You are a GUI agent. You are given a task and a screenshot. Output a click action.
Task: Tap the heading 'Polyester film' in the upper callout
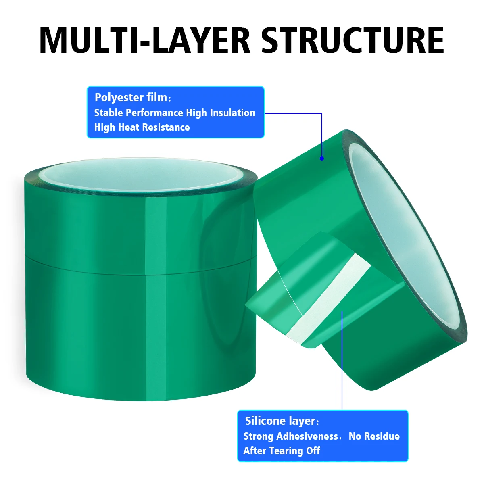click(131, 97)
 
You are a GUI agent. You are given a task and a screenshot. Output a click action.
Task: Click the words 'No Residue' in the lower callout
click(374, 436)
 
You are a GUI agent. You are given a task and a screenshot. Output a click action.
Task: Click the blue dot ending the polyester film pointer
click(322, 159)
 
